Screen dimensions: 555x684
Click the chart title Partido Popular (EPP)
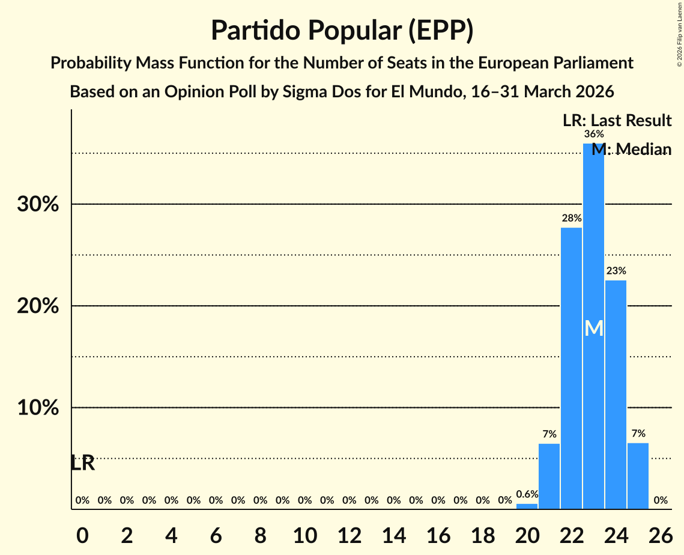(x=342, y=31)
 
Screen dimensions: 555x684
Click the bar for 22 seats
(x=571, y=368)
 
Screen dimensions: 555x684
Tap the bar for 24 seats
(x=616, y=394)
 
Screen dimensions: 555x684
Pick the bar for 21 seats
(x=549, y=476)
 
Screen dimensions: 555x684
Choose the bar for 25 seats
(x=638, y=476)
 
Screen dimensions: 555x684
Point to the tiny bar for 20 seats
(x=527, y=506)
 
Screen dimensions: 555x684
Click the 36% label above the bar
(x=593, y=134)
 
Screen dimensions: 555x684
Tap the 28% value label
(x=571, y=218)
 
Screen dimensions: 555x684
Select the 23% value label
(x=616, y=271)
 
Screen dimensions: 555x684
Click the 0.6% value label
(x=527, y=494)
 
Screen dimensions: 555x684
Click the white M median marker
(x=593, y=328)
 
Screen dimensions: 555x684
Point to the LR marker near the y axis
(x=82, y=463)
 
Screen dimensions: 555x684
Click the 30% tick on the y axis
(x=37, y=204)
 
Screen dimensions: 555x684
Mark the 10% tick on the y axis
(x=37, y=408)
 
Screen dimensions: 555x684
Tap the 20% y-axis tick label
(x=37, y=306)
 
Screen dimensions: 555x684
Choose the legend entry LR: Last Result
(x=617, y=121)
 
